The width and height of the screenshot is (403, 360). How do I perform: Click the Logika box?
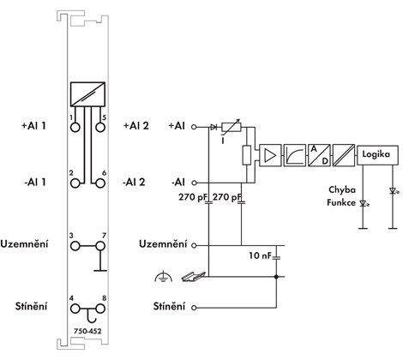pos(377,155)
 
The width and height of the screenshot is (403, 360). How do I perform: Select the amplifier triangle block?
pos(270,155)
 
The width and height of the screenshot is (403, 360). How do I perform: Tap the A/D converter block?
pos(319,155)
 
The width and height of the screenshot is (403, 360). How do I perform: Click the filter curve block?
pos(294,155)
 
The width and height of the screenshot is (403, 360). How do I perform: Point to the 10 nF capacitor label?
pos(260,255)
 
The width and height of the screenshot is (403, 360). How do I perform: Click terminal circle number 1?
pos(75,127)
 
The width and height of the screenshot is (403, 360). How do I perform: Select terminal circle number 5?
pos(100,127)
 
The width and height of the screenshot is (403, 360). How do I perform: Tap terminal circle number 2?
pos(75,183)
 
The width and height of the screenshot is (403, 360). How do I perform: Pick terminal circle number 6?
pos(100,183)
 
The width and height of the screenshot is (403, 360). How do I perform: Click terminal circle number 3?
pos(75,246)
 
